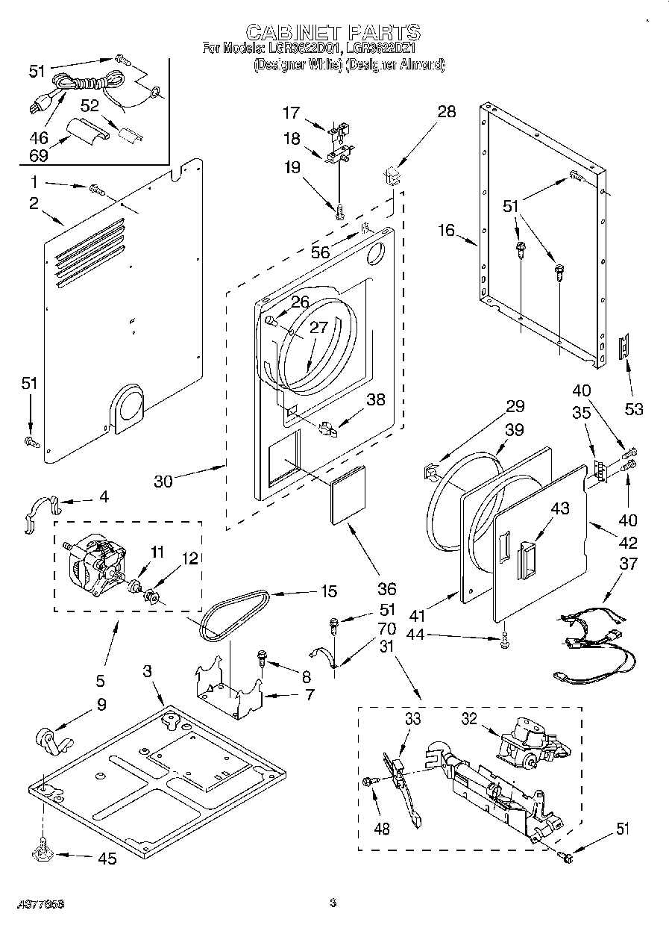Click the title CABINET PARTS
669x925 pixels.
pyautogui.click(x=333, y=32)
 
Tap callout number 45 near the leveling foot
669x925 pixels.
pyautogui.click(x=107, y=859)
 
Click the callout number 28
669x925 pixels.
pyautogui.click(x=446, y=113)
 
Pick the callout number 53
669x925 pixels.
pyautogui.click(x=634, y=409)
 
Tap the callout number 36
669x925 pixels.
pyautogui.click(x=386, y=588)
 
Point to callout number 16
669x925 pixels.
pyautogui.click(x=446, y=231)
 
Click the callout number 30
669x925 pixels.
pyautogui.click(x=163, y=482)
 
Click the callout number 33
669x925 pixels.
pyautogui.click(x=412, y=719)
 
